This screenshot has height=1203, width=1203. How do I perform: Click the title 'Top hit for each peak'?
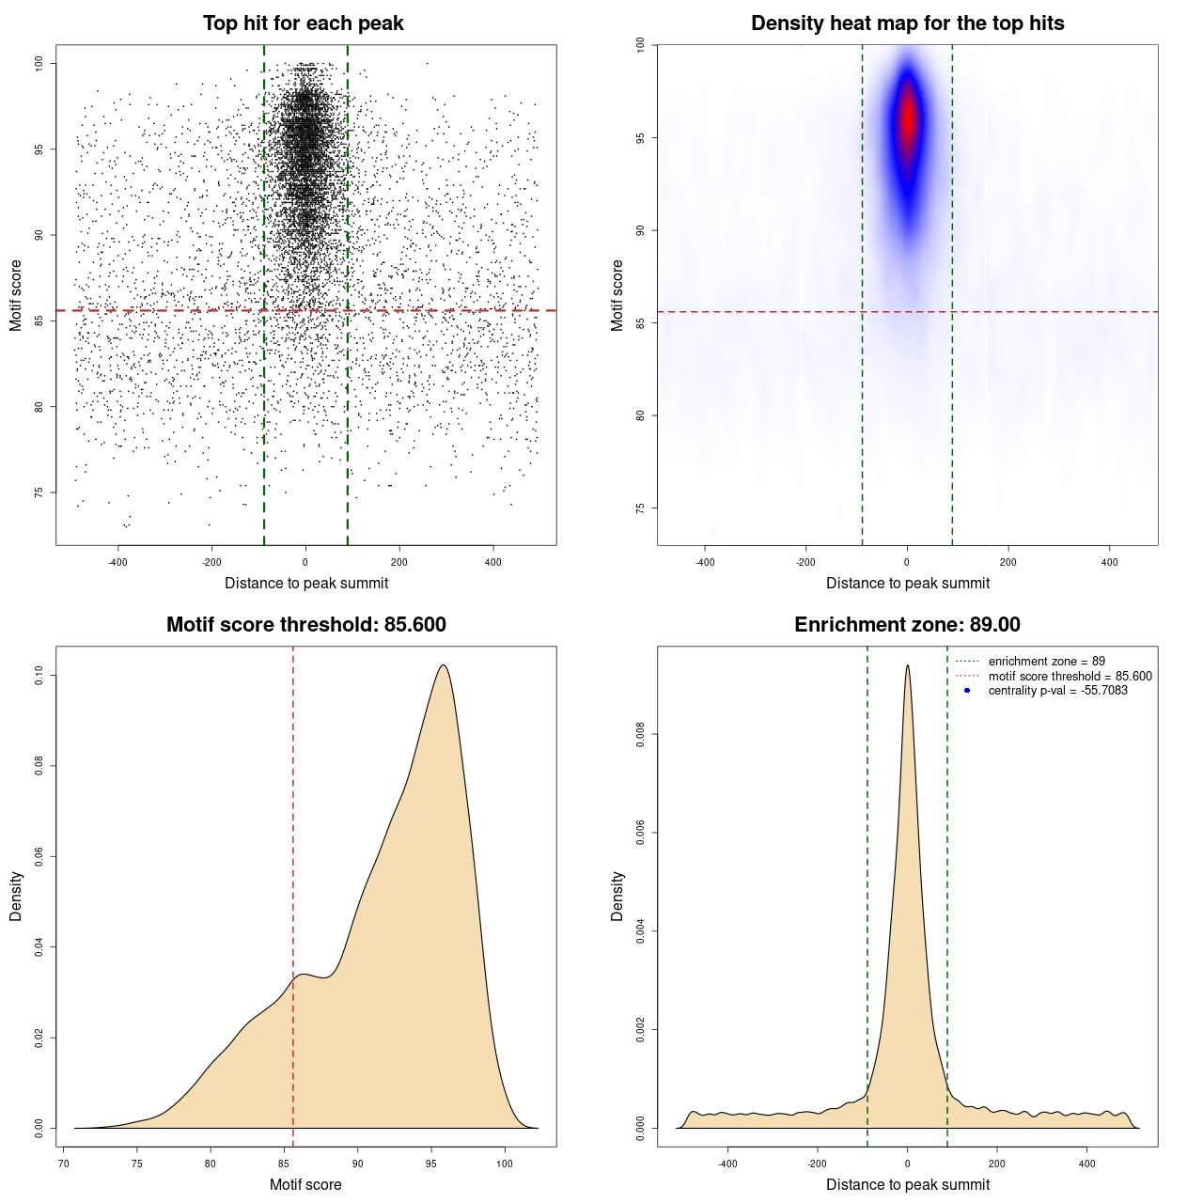303,23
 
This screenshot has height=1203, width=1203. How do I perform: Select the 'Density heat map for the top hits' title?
907,23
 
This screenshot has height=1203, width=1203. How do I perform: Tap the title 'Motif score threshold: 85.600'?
305,625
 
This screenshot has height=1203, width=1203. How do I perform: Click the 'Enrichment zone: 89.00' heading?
907,625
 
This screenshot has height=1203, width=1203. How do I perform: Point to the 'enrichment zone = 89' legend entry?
1046,662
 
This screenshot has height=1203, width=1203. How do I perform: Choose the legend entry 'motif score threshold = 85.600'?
1070,676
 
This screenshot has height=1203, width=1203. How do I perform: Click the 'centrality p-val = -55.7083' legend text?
1057,691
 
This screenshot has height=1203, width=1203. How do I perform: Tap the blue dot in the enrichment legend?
967,691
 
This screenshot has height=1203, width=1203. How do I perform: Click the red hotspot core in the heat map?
907,117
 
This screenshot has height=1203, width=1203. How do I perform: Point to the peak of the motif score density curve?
443,665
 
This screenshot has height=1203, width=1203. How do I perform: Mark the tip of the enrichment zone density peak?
907,665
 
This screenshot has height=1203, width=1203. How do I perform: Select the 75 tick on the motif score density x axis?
137,1164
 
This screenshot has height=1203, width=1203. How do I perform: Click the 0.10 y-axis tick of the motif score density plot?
39,675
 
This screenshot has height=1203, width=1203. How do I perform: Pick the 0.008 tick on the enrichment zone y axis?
641,734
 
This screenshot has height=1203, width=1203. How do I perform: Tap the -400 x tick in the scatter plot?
117,562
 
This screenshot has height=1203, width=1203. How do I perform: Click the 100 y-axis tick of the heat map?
641,45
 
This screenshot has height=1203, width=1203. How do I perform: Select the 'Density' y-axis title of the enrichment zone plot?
617,896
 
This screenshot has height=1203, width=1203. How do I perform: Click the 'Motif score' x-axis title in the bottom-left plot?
305,1184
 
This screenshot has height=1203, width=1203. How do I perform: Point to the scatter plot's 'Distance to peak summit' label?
306,583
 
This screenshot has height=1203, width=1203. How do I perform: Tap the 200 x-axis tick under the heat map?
1008,562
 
